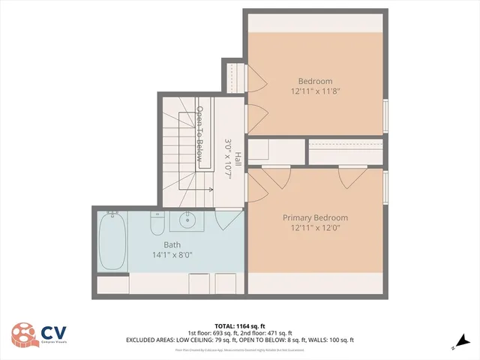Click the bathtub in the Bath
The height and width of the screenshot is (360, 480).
(112, 241)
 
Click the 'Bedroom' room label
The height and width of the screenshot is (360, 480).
(315, 81)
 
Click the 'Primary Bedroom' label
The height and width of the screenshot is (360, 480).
(315, 217)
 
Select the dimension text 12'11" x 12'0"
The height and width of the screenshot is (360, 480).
(315, 228)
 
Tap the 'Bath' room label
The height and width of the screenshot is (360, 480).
(172, 244)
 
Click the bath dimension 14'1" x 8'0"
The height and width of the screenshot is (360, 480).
(172, 255)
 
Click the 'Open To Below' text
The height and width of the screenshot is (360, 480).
(200, 133)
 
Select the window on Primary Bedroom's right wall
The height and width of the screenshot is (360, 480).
(386, 187)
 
